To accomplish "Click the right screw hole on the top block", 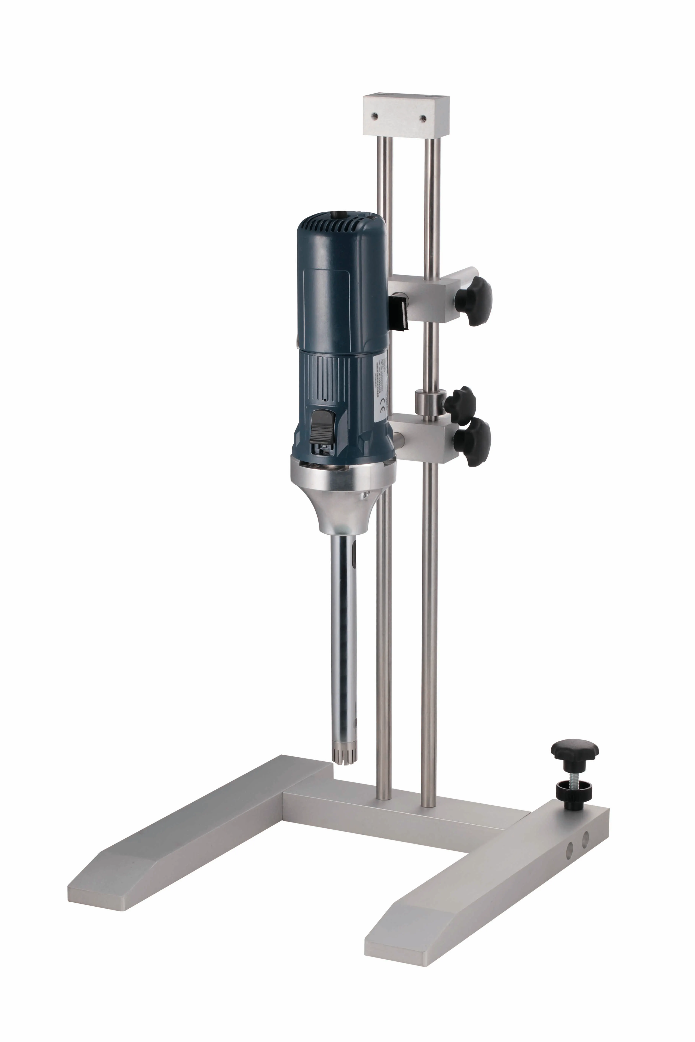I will pyautogui.click(x=423, y=118).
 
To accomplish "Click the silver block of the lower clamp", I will pyautogui.click(x=423, y=439).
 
